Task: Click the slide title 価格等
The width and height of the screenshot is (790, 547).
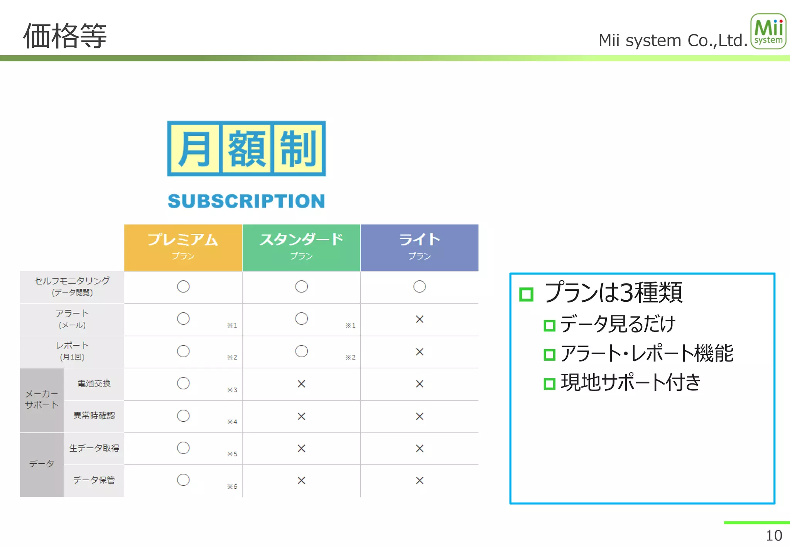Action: point(65,36)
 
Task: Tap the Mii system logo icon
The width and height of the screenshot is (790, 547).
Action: point(768,31)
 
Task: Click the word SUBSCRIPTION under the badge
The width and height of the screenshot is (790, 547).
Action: point(246,201)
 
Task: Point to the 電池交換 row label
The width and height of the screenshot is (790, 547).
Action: point(94,383)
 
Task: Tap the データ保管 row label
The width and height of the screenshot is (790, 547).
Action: point(94,480)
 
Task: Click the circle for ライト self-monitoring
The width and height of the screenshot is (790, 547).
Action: point(419,287)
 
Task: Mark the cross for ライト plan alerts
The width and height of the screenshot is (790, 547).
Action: point(419,319)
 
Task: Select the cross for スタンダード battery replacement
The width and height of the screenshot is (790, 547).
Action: point(301,384)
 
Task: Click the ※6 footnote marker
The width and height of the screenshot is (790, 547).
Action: point(232,486)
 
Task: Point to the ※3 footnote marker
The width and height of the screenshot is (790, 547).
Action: point(232,390)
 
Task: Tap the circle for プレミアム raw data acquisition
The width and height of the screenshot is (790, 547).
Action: point(183,448)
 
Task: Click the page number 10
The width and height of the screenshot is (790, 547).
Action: point(773,535)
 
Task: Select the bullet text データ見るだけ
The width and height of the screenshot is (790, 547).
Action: point(618,324)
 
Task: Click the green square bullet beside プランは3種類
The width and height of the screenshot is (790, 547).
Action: point(526,294)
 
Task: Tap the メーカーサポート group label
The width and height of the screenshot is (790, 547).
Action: point(42,399)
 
